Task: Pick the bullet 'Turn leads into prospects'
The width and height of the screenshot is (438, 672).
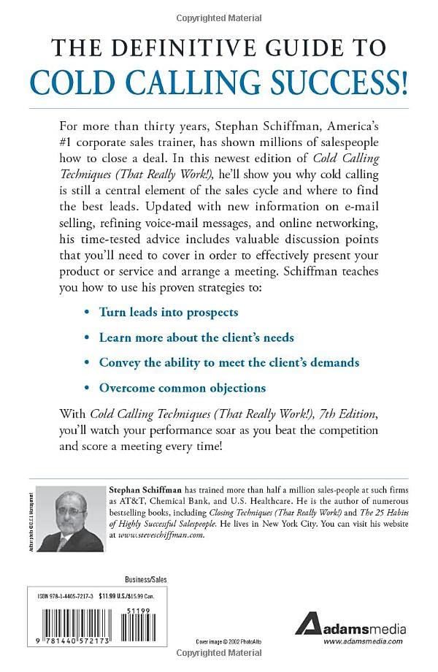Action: (169, 312)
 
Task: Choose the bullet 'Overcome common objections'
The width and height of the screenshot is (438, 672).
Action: (182, 387)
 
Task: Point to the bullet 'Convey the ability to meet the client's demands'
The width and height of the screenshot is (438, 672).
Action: (229, 362)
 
